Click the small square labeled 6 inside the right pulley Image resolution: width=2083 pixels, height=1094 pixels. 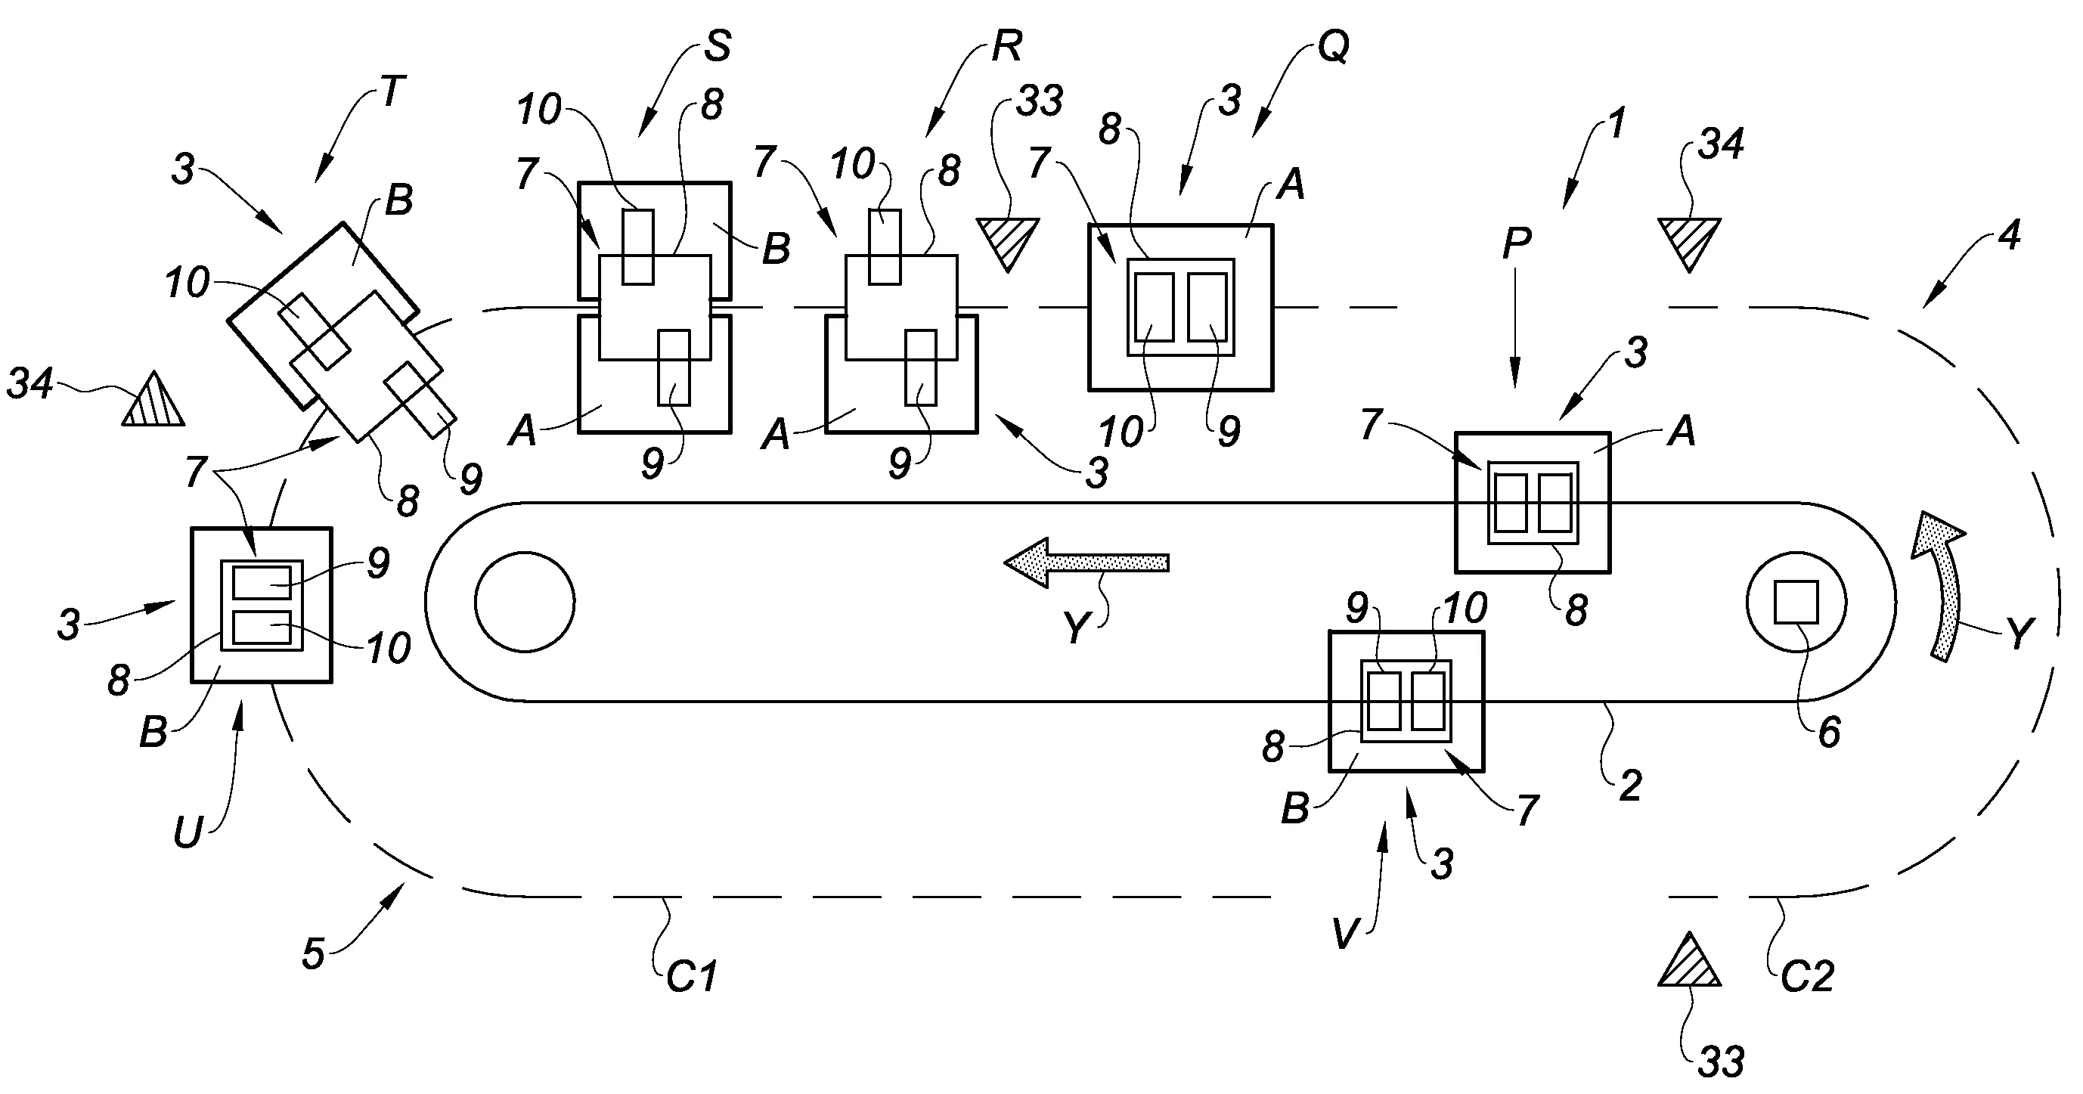[x=1795, y=603]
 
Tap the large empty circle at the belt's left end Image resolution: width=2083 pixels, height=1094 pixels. [x=525, y=602]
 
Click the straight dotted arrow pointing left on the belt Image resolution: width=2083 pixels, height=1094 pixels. [x=1086, y=562]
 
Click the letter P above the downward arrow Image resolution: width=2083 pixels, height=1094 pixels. [x=1517, y=243]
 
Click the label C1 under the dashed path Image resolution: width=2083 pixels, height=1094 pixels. [x=691, y=977]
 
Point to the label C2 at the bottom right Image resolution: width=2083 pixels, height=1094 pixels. [x=1806, y=977]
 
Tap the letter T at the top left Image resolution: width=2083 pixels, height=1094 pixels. [x=392, y=92]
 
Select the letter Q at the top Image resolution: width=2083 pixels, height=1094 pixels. [x=1334, y=48]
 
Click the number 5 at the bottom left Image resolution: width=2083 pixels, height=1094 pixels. [x=313, y=954]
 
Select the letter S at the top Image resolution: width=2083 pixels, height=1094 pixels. [x=717, y=46]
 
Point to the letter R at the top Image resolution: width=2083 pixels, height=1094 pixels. [x=1007, y=46]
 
